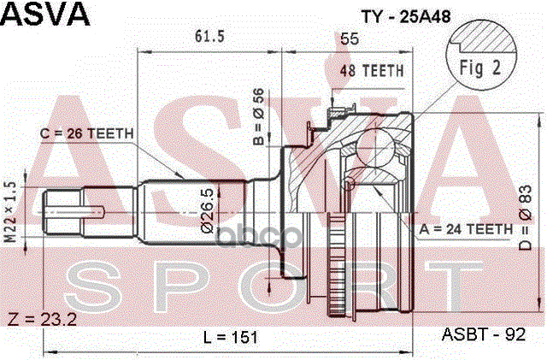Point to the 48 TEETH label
click(x=372, y=72)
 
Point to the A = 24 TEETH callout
click(x=465, y=228)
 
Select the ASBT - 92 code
click(x=483, y=336)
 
